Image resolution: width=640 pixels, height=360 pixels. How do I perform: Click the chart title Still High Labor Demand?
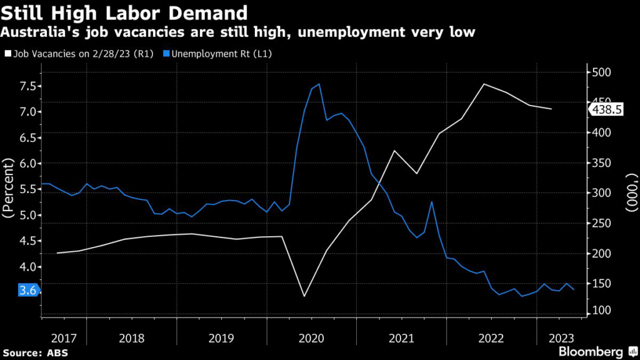pos(124,12)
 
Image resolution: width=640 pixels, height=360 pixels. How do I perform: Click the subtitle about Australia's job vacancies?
pos(238,31)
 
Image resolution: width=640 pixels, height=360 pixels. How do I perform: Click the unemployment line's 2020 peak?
pos(319,84)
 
